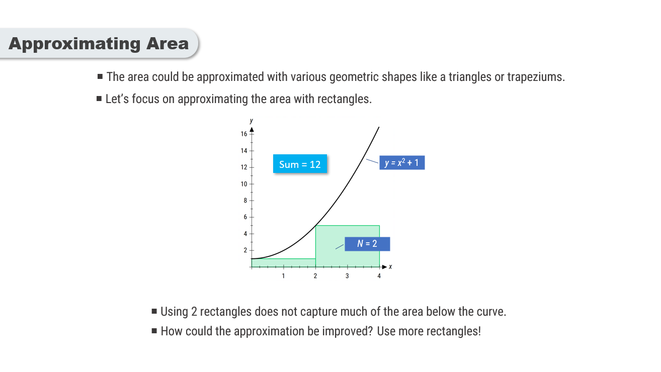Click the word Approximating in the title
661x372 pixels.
click(74, 44)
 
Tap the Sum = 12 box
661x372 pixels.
click(300, 164)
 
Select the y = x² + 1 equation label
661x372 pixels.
click(402, 162)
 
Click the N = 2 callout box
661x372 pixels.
click(367, 244)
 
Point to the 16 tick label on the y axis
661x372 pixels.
click(244, 134)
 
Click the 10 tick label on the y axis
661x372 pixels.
click(244, 184)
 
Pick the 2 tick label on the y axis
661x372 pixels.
click(245, 250)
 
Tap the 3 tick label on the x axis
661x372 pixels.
click(347, 276)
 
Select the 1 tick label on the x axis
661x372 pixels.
click(283, 276)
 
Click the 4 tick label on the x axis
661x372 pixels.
click(379, 276)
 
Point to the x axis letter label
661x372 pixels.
click(390, 266)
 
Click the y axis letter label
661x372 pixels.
click(252, 121)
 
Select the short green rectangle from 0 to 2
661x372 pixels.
click(284, 263)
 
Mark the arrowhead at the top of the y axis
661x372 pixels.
click(252, 129)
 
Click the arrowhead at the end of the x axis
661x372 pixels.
click(384, 267)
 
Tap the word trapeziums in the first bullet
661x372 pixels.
click(536, 77)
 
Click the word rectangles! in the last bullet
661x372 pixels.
click(454, 331)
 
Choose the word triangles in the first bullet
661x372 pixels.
click(470, 77)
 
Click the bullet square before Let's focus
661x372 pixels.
click(99, 99)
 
